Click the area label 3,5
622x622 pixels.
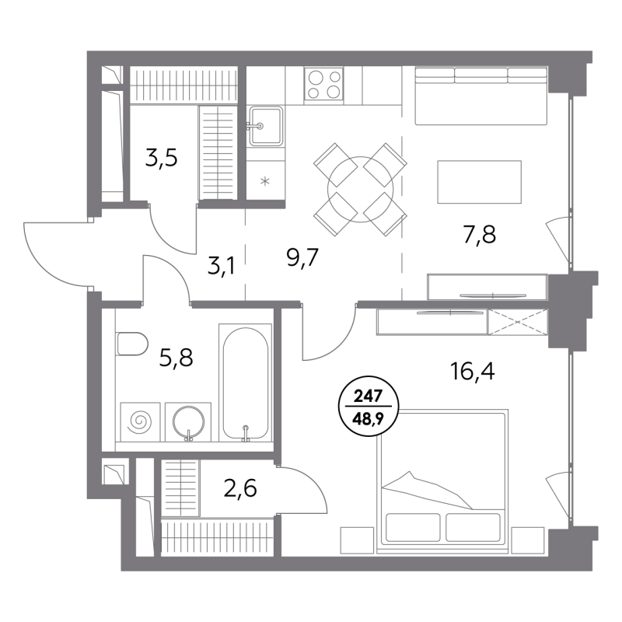point(161,159)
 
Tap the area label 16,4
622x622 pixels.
point(473,372)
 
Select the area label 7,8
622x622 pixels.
point(479,235)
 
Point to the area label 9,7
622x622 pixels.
point(302,259)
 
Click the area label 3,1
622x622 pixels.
point(222,266)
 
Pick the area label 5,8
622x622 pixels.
point(176,358)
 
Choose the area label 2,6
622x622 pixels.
point(240,488)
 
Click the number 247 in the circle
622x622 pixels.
point(368,396)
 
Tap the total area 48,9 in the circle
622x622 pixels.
point(368,419)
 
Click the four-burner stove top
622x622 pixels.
point(323,84)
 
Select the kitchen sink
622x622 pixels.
point(265,126)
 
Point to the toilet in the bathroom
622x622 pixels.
point(131,344)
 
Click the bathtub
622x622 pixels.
point(245,383)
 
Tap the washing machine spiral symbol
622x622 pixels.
point(142,422)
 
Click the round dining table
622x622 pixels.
point(360,189)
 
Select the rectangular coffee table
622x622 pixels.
point(479,182)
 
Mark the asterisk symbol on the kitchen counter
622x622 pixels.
point(265,182)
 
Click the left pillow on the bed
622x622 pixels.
point(413,528)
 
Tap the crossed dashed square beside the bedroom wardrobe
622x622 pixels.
point(517,323)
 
